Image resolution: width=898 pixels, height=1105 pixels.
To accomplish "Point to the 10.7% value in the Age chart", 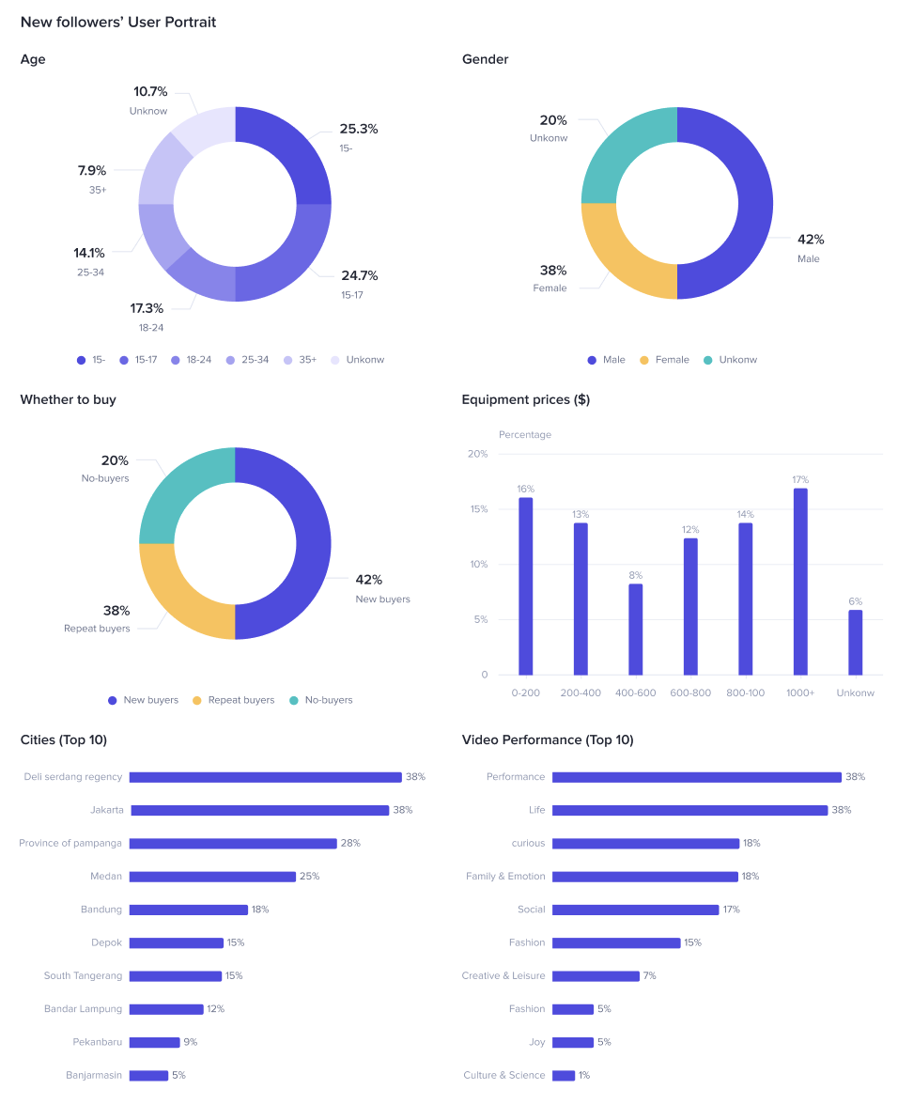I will coord(150,92).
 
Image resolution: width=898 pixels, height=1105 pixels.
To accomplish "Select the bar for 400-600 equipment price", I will coord(636,629).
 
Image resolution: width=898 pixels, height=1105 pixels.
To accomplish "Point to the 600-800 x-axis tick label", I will coord(690,693).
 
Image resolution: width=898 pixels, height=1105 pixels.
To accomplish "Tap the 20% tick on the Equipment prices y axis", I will coord(477,455).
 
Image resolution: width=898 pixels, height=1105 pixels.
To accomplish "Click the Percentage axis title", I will coord(525,435).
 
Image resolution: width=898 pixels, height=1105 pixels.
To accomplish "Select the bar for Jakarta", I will coord(259,810).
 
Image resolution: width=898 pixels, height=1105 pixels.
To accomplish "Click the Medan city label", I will coord(106,877).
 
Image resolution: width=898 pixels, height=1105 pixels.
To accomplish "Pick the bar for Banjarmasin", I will coord(148,1075).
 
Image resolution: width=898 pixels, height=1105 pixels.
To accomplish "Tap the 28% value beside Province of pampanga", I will coord(350,844).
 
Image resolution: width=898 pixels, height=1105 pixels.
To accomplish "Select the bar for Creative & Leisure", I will coord(596,976).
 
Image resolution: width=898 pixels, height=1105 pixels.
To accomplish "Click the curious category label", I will coord(528,844).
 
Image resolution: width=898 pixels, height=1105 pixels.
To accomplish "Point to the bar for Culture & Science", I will coord(564,1075).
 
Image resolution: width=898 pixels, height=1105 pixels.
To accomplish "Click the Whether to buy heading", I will coord(68,400).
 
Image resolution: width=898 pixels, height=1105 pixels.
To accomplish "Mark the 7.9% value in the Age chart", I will coord(92,171).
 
